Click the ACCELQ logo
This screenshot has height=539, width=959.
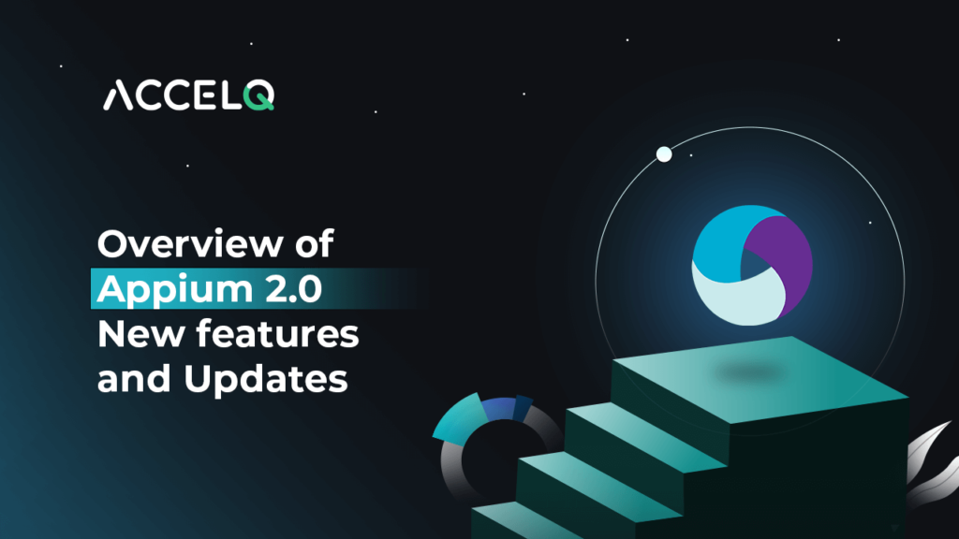click(188, 95)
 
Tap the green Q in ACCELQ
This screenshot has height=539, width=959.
click(260, 96)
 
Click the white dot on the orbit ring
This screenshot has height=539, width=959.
click(664, 154)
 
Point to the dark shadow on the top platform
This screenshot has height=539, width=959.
click(749, 374)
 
